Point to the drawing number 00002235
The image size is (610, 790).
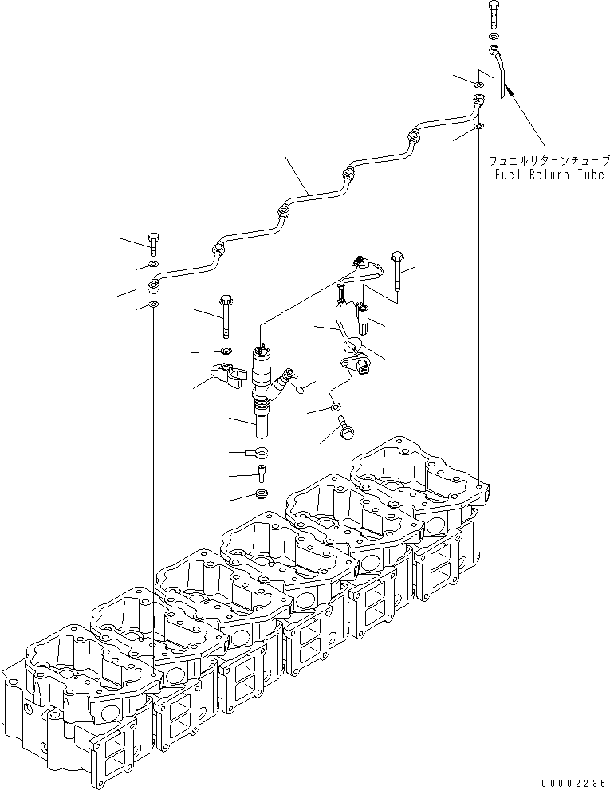tap(573, 782)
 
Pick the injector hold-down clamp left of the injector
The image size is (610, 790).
tap(227, 374)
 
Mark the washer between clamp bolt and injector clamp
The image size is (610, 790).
tap(226, 351)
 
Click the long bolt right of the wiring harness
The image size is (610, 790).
tap(396, 271)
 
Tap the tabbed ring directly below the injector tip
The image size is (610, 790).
tap(260, 454)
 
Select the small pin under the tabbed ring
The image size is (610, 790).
tap(261, 475)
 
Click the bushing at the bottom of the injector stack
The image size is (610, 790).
tap(261, 498)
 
